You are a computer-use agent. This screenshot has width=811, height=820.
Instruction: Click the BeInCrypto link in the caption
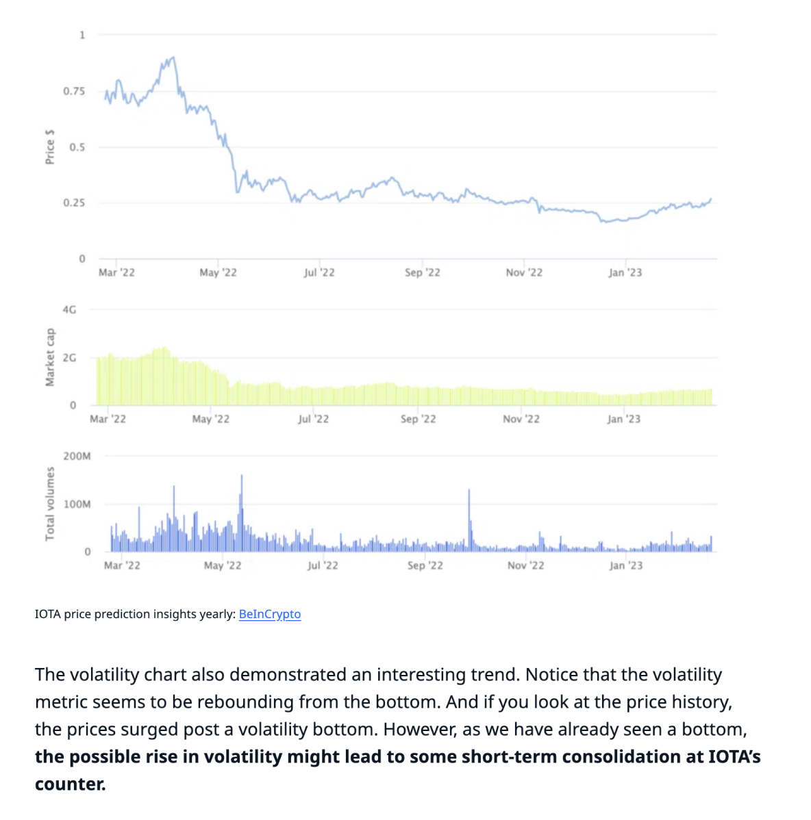pos(269,614)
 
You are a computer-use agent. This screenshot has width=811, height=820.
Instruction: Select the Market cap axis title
pos(49,357)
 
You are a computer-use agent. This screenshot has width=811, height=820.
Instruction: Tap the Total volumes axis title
pos(49,504)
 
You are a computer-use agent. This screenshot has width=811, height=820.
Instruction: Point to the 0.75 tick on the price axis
pos(74,91)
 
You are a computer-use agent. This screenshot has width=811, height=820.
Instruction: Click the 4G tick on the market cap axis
pos(69,309)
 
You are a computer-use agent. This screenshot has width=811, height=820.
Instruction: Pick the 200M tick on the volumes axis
pos(77,456)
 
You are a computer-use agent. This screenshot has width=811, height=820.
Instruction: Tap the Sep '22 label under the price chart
pos(422,272)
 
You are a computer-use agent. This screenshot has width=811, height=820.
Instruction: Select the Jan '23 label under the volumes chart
pos(626,565)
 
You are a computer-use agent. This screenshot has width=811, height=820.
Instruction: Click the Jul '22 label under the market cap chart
pos(313,419)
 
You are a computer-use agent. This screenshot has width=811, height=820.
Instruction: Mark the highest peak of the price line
pos(174,57)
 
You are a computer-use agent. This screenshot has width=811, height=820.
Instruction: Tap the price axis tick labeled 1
pos(82,35)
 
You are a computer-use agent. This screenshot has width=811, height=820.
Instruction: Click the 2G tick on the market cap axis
pos(69,357)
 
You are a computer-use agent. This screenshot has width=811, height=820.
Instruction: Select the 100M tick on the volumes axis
pos(77,504)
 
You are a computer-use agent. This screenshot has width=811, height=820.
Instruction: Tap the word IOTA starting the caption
pos(48,614)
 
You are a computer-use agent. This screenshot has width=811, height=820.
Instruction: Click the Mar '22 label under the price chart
pos(116,272)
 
